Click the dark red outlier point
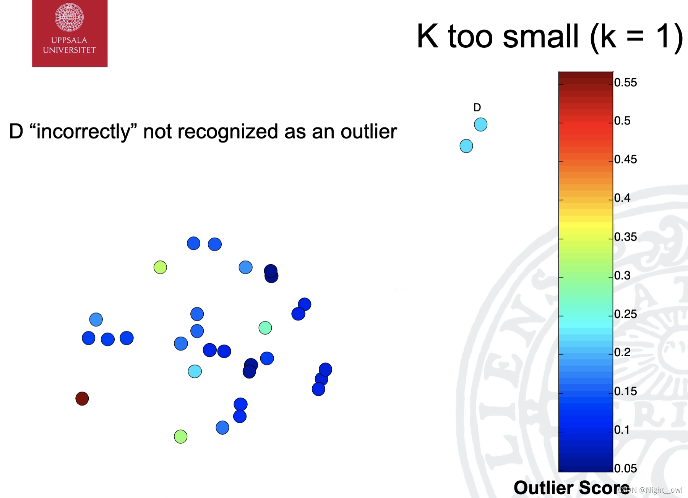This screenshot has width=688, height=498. click(82, 399)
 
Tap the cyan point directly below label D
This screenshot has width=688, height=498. click(480, 124)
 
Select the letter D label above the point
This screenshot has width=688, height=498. click(477, 108)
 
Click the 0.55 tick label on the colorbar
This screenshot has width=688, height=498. click(626, 82)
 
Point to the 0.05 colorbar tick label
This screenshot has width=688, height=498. click(626, 468)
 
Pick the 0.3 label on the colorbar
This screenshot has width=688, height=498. click(623, 275)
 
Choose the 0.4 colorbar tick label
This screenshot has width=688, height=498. click(623, 198)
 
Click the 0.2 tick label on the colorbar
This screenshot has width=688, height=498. click(623, 352)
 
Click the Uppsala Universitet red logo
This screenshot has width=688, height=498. click(70, 34)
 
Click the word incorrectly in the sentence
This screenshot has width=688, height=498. click(83, 132)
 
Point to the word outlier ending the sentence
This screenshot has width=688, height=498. click(369, 132)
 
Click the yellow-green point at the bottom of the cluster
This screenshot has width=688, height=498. click(181, 437)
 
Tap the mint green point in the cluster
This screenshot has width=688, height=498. click(265, 328)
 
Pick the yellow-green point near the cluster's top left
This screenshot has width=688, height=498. click(160, 267)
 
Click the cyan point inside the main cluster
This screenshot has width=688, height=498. click(195, 371)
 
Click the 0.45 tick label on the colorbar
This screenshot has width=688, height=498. click(626, 159)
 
